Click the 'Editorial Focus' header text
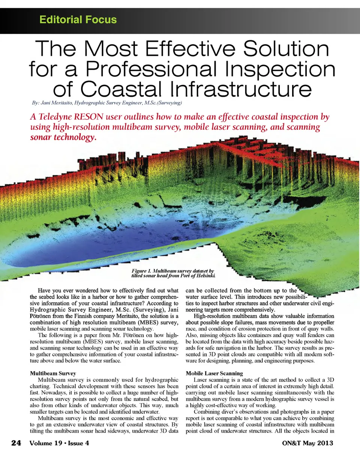pyautogui.click(x=78, y=20)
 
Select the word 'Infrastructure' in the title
pyautogui.click(x=241, y=89)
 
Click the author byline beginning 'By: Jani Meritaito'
pyautogui.click(x=106, y=103)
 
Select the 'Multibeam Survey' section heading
pyautogui.click(x=53, y=373)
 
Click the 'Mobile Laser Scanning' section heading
pyautogui.click(x=214, y=373)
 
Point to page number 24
pyautogui.click(x=16, y=443)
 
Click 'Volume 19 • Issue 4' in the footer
pyautogui.click(x=59, y=443)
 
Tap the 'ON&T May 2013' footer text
pyautogui.click(x=307, y=443)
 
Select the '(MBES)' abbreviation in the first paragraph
pyautogui.click(x=148, y=322)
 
